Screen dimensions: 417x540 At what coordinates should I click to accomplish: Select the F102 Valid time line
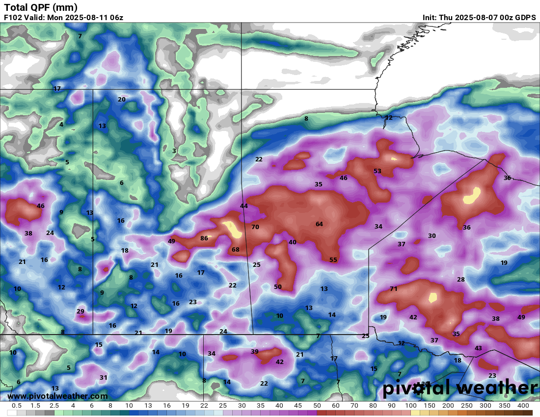coord(63,18)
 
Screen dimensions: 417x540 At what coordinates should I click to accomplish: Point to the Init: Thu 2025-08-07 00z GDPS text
coord(479,18)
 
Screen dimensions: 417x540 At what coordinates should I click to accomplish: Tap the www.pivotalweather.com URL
coord(57,396)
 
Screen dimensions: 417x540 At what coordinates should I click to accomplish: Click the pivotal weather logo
coord(460,388)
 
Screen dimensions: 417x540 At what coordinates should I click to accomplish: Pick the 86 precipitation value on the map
coord(204,238)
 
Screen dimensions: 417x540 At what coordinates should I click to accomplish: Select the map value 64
coord(319,224)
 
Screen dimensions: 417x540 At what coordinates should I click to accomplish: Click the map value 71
coord(393,289)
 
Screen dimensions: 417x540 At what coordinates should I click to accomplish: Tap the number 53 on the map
coord(377,171)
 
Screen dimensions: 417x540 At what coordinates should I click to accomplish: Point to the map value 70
coord(255,227)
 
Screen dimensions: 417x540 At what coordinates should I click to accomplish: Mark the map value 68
coord(235,250)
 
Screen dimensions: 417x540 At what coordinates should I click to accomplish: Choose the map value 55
coord(333,260)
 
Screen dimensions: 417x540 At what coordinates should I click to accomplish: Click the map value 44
coord(243,206)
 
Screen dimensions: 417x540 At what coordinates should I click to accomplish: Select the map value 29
coord(81,312)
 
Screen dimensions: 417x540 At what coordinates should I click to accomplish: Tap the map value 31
coord(103,378)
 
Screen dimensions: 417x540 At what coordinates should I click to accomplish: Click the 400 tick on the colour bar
coord(523,406)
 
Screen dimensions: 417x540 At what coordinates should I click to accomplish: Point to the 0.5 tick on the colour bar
coord(16,406)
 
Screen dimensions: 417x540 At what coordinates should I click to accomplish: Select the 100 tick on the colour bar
coord(410,406)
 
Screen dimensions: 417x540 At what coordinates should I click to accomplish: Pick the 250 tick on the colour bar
coord(466,406)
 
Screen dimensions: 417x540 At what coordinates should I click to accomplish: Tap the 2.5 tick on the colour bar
coord(54,406)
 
